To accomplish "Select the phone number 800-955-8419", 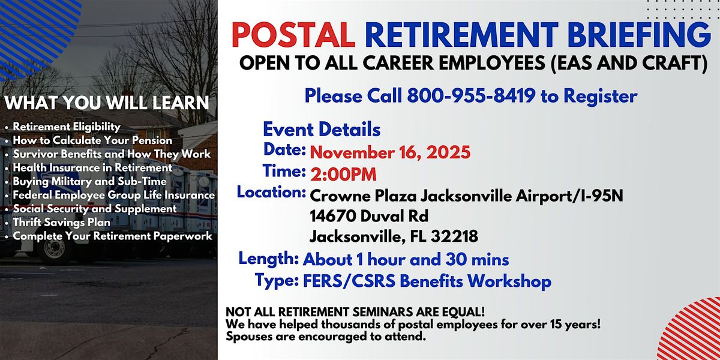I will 472,95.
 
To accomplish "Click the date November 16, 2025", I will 390,152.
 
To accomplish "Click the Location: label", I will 272,193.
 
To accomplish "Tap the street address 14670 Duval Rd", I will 369,215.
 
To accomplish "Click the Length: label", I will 269,259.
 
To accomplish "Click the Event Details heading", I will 322,129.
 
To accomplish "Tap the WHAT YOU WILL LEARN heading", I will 107,103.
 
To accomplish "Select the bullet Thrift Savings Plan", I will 62,223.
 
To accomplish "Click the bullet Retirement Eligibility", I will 67,127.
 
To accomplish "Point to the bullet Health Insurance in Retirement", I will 92,167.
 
